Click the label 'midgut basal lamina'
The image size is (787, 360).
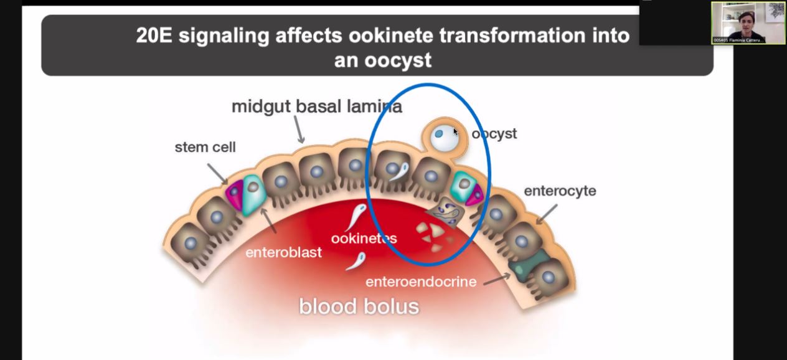click(316, 107)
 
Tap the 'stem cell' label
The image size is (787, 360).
click(205, 148)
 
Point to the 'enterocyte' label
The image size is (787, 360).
click(560, 191)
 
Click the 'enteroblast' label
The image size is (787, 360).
click(283, 253)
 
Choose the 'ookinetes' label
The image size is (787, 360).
click(364, 238)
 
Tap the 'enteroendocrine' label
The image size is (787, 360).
click(421, 282)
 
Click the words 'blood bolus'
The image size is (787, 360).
click(359, 306)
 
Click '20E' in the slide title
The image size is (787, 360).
click(154, 36)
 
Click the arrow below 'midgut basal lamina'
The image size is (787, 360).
click(299, 131)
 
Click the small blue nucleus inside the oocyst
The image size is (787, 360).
click(439, 133)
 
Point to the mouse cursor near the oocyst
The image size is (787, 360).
click(455, 132)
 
